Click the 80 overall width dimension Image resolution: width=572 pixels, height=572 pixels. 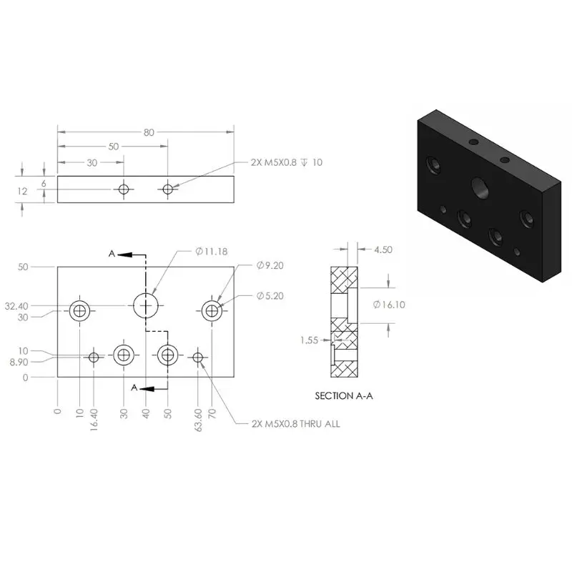(149, 132)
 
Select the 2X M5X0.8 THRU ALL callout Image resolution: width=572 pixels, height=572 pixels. (295, 424)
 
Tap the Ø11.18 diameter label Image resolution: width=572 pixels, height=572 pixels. (211, 252)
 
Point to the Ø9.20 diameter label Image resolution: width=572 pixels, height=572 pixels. (270, 265)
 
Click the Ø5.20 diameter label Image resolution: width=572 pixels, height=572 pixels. (270, 296)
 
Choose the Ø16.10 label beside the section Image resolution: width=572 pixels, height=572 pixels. (389, 305)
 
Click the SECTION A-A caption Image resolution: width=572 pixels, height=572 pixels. (344, 396)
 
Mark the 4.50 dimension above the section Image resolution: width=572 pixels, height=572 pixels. (383, 250)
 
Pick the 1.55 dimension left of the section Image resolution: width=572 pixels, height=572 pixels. (310, 340)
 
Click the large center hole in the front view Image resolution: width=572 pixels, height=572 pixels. (146, 305)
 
